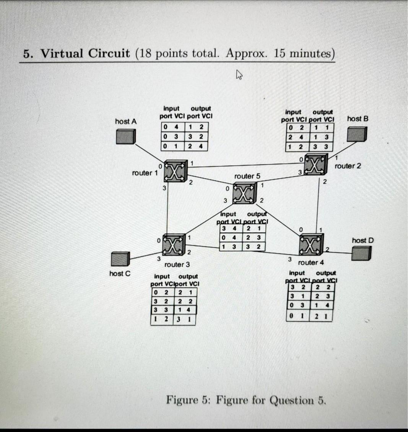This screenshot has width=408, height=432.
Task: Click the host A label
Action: [126, 122]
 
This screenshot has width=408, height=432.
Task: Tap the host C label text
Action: [120, 274]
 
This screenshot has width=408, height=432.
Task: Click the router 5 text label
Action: [247, 176]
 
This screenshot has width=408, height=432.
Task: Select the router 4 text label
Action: [310, 263]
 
